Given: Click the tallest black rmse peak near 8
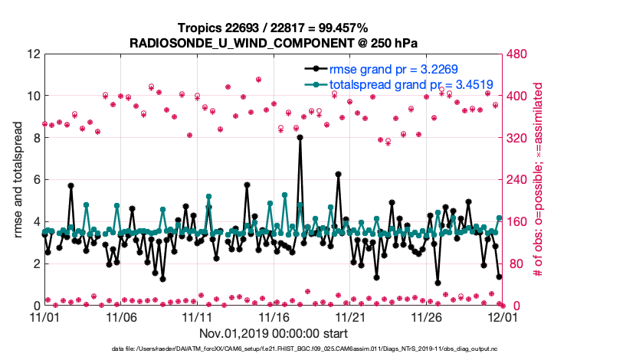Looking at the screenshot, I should pyautogui.click(x=300, y=138).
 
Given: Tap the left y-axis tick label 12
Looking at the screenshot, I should pyautogui.click(x=31, y=54).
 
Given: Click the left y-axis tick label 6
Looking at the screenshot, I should pyautogui.click(x=35, y=180).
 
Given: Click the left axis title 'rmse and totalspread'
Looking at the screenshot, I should pyautogui.click(x=18, y=180).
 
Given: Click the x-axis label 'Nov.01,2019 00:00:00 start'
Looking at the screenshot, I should pyautogui.click(x=273, y=333).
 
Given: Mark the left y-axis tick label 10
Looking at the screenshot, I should pyautogui.click(x=31, y=97).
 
